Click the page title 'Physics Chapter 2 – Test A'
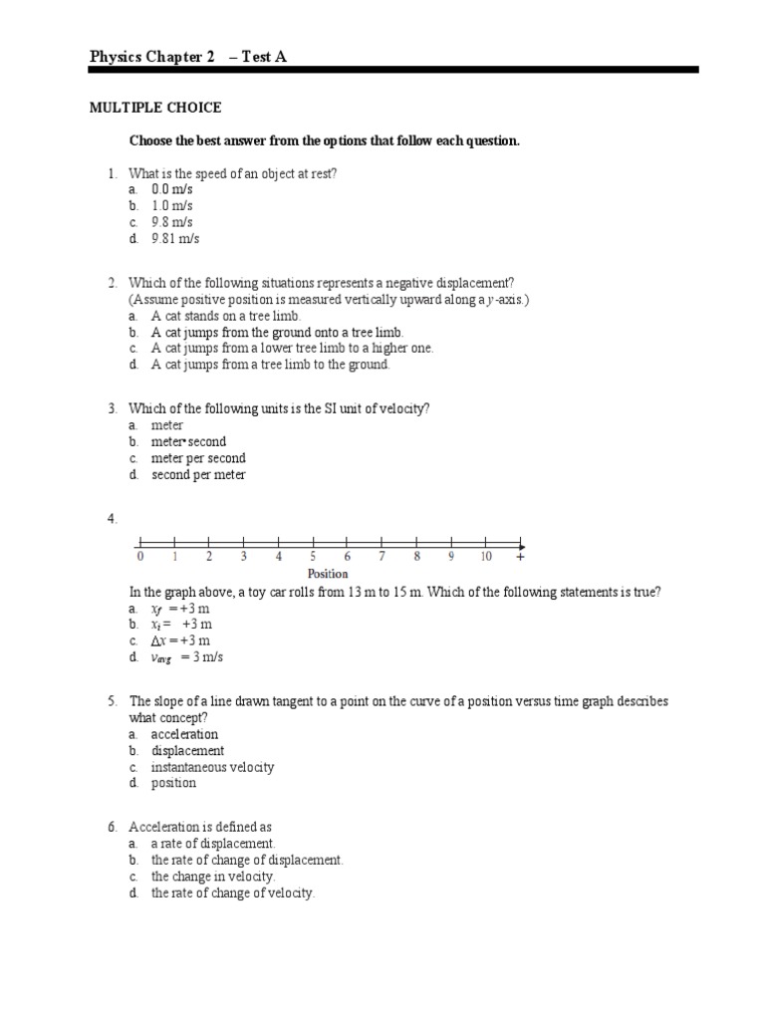pyautogui.click(x=187, y=57)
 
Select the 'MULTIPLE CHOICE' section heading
pyautogui.click(x=155, y=108)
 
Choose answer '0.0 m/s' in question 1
pyautogui.click(x=171, y=189)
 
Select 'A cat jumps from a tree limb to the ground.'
pyautogui.click(x=270, y=365)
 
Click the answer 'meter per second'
pyautogui.click(x=198, y=458)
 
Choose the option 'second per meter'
pyautogui.click(x=198, y=475)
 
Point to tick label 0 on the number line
pyautogui.click(x=140, y=557)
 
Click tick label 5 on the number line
pyautogui.click(x=313, y=557)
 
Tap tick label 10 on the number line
pyautogui.click(x=485, y=557)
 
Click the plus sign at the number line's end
pyautogui.click(x=520, y=557)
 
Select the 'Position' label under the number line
pyautogui.click(x=328, y=574)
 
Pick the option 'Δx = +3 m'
pyautogui.click(x=180, y=640)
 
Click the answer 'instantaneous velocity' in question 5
pyautogui.click(x=212, y=767)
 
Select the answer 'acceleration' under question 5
pyautogui.click(x=184, y=734)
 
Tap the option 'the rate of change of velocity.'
pyautogui.click(x=232, y=893)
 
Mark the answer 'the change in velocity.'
pyautogui.click(x=213, y=877)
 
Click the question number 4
pyautogui.click(x=113, y=519)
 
